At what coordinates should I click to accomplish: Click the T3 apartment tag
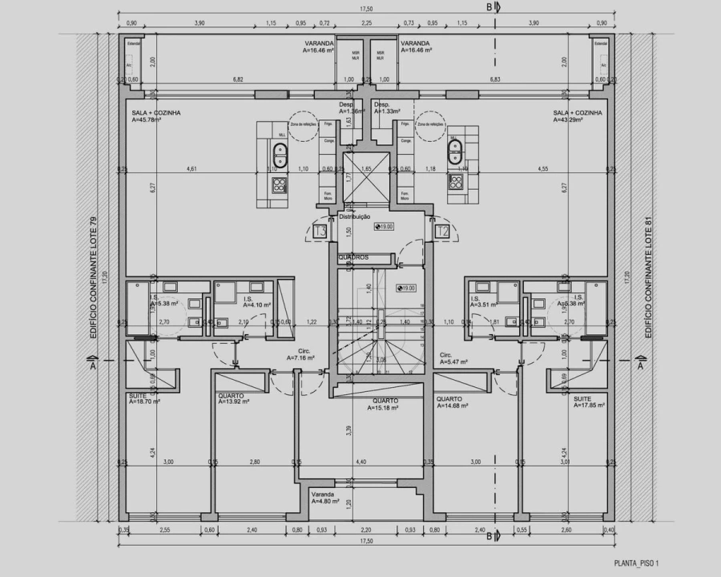pyautogui.click(x=320, y=232)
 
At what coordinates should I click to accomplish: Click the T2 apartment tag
pyautogui.click(x=441, y=232)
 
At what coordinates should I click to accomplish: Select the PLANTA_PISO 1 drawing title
pyautogui.click(x=638, y=564)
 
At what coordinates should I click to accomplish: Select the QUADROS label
pyautogui.click(x=353, y=257)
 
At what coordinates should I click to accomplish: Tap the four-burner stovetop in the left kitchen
pyautogui.click(x=278, y=187)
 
